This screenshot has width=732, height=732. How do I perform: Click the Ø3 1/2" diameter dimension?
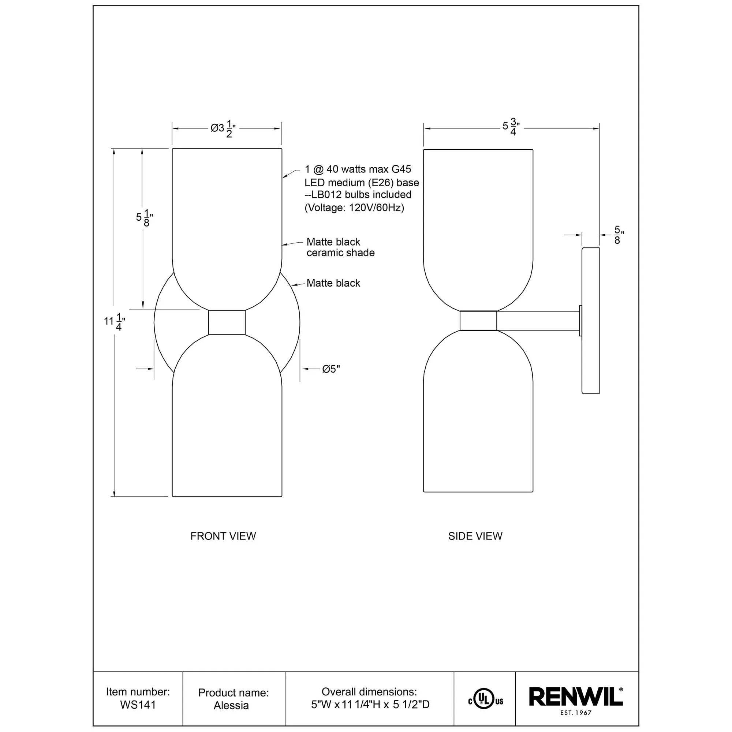point(223,129)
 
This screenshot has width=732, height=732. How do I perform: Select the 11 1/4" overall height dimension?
point(115,322)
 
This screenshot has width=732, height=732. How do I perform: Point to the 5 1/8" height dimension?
point(144,218)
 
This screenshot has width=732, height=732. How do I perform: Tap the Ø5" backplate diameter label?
point(331,369)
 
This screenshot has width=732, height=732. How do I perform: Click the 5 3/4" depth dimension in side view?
point(511,127)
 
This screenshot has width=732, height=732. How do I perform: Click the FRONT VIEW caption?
point(223,536)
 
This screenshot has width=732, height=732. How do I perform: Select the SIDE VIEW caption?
point(475,536)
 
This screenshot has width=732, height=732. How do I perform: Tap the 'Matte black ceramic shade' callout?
point(340,247)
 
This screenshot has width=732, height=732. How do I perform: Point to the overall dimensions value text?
point(370,705)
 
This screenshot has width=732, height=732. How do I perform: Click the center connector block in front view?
point(227,322)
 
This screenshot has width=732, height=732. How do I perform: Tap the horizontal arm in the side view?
point(538,321)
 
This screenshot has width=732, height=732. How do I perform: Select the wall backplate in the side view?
point(590,321)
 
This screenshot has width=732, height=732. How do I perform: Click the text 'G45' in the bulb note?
point(401,169)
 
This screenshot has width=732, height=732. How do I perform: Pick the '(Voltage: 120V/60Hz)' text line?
point(354,208)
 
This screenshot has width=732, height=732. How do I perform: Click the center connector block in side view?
point(478,321)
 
